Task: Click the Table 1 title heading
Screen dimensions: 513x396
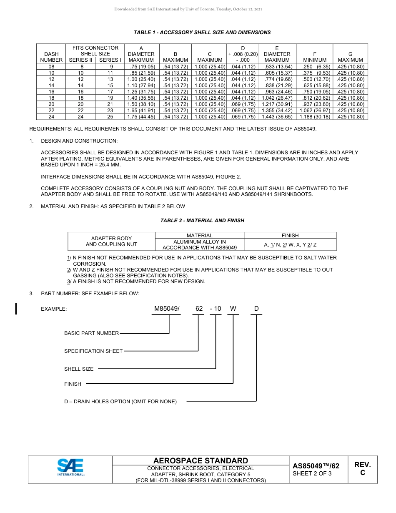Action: (x=202, y=33)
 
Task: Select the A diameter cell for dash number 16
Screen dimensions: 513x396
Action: (x=141, y=92)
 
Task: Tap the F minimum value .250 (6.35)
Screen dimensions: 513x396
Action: (x=315, y=67)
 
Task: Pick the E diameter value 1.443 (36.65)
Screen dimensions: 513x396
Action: (x=277, y=117)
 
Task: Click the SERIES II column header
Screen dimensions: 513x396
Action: (x=81, y=60)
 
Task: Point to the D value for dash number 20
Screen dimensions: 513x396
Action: (x=243, y=104)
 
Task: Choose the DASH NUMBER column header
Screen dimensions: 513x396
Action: (x=51, y=57)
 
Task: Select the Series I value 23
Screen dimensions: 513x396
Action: (x=110, y=111)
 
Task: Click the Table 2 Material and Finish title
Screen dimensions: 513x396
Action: (x=202, y=221)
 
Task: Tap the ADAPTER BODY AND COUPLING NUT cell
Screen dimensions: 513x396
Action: (x=111, y=241)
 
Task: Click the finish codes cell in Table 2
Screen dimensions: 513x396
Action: (x=290, y=245)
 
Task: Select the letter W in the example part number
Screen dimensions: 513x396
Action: (x=233, y=309)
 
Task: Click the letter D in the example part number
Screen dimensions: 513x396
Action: (x=256, y=309)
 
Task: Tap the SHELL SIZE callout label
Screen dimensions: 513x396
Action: (x=79, y=369)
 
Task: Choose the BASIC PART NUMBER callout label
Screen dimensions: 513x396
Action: (x=91, y=333)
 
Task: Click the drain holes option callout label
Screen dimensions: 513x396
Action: (x=120, y=402)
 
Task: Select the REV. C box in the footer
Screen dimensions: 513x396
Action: (x=362, y=469)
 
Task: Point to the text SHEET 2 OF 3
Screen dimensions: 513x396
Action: (x=312, y=473)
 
